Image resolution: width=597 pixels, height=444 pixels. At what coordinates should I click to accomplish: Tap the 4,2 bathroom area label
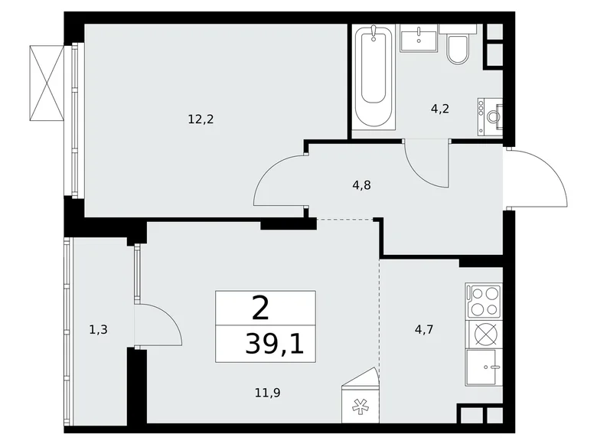tap(439, 108)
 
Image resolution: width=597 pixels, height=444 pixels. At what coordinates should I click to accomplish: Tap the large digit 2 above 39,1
tap(260, 309)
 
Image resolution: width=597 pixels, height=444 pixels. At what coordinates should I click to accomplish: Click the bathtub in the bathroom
tap(374, 77)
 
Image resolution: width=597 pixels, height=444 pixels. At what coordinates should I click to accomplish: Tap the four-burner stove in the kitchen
tap(483, 301)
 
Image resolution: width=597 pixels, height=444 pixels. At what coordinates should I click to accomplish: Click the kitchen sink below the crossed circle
tap(483, 371)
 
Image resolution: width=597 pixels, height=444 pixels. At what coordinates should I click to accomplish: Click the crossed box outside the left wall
tap(46, 82)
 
